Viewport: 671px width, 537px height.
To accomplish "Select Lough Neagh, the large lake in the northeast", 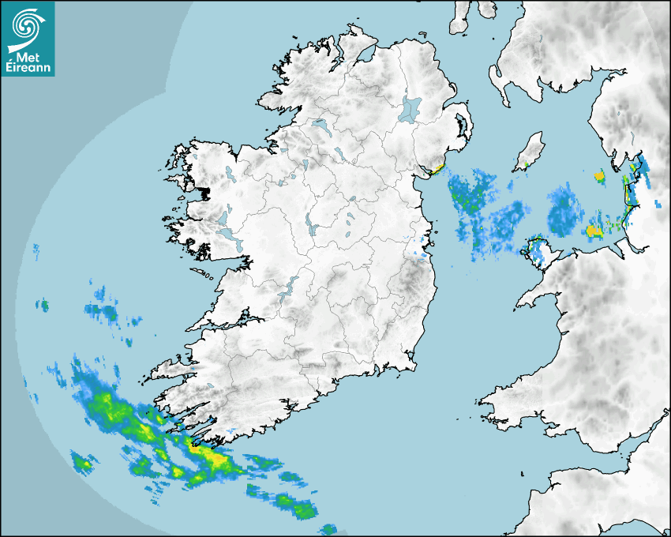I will (x=410, y=108).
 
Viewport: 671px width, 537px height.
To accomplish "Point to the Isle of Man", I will (x=532, y=148).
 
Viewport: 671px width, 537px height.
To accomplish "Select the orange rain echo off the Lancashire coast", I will (x=594, y=231).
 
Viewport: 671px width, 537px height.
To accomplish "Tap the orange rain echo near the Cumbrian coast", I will (x=599, y=175).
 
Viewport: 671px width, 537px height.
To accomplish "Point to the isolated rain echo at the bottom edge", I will (x=328, y=528).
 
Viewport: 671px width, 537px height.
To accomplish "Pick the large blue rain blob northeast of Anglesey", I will (x=564, y=212).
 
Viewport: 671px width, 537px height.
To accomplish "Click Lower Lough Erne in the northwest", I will (x=320, y=124).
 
